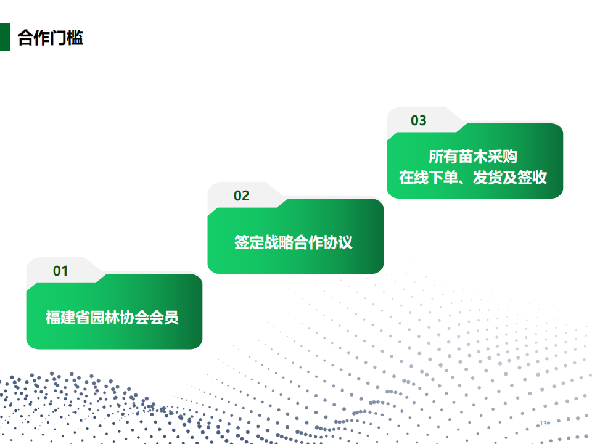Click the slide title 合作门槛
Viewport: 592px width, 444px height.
(50, 38)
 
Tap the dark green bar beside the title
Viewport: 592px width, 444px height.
(4, 37)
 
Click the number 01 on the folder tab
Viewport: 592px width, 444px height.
(60, 271)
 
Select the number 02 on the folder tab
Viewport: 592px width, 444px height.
(242, 195)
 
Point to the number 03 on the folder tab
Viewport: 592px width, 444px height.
(419, 120)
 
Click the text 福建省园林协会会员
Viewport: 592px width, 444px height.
(112, 318)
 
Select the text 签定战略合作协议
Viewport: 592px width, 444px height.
(294, 242)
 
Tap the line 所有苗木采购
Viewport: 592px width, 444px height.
(473, 157)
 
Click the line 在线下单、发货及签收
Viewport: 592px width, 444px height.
(473, 178)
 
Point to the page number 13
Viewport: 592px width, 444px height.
(543, 423)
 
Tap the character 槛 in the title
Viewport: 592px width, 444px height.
(75, 38)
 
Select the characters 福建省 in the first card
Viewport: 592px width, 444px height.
(68, 318)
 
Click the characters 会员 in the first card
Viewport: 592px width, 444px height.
(164, 318)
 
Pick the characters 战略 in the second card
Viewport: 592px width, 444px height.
(279, 242)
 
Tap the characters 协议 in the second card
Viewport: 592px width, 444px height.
(338, 242)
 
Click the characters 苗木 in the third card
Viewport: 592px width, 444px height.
(473, 157)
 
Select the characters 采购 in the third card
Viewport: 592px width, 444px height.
(503, 157)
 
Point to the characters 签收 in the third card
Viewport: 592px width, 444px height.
(532, 178)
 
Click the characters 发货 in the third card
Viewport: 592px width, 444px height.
(488, 178)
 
